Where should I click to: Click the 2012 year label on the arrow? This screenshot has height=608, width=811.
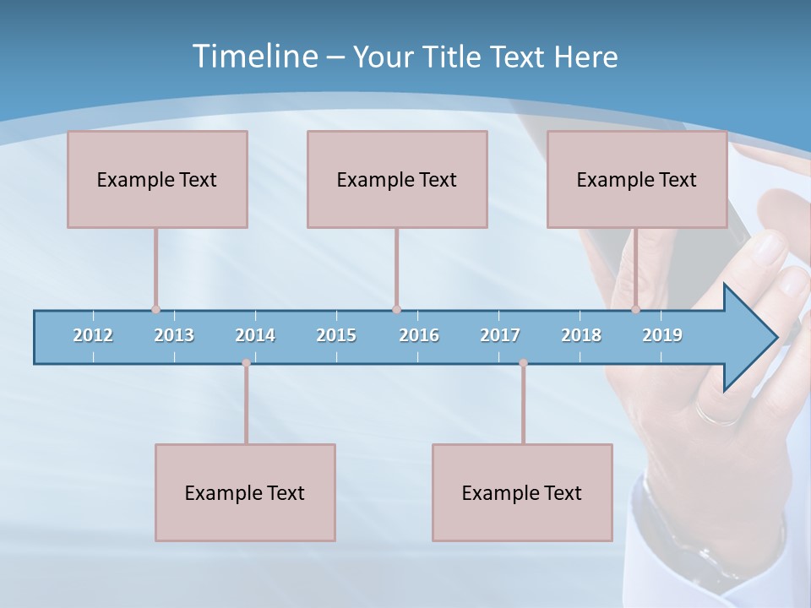point(93,335)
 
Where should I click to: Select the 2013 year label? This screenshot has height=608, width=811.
point(174,335)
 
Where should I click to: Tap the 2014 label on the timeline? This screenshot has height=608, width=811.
point(255,335)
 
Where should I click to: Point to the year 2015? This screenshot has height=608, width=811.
point(336,335)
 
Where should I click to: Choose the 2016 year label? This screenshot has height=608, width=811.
point(419,335)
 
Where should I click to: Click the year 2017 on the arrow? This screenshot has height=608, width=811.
point(500,335)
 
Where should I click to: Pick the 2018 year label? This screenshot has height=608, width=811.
point(581,335)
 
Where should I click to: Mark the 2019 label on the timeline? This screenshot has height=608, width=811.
point(662,335)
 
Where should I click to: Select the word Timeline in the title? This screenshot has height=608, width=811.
point(253,57)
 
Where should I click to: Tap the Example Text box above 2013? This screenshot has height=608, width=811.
point(157,179)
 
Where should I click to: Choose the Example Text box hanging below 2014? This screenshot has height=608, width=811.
point(245,492)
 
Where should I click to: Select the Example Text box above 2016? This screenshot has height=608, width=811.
point(397,179)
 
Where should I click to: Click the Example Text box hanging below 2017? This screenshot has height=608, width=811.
point(522,492)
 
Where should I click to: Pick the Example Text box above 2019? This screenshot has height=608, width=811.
point(637,179)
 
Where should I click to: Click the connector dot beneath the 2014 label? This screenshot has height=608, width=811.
point(246,363)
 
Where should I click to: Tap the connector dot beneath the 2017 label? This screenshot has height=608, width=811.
point(523,363)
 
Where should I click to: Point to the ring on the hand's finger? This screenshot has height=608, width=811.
point(716,414)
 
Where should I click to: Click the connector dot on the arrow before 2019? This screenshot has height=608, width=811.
point(636,310)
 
